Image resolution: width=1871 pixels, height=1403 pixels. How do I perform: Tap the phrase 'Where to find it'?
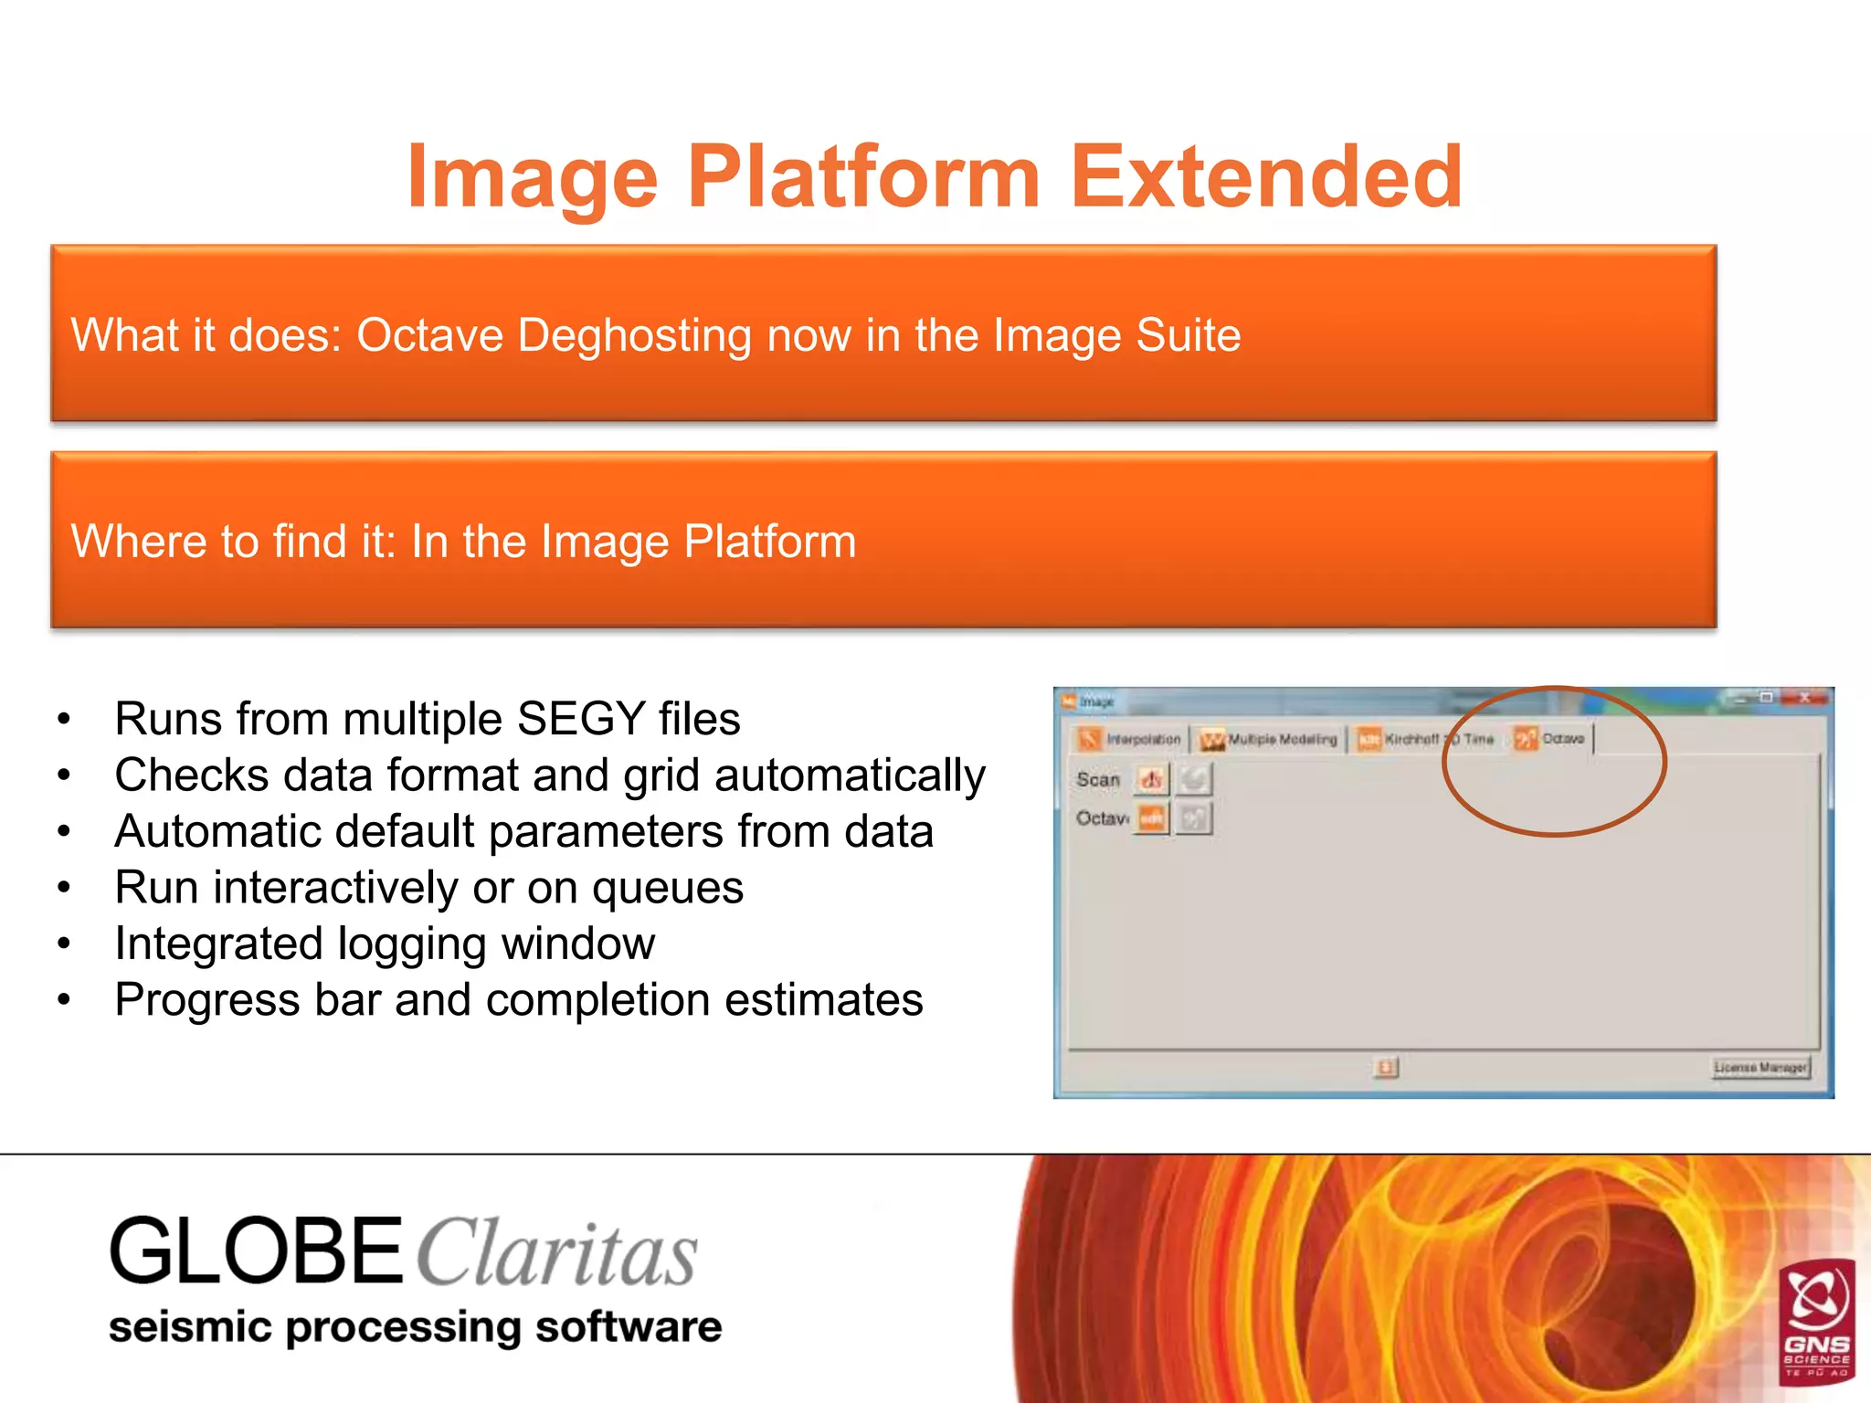click(x=233, y=541)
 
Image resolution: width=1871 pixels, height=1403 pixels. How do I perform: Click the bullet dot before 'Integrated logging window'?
click(x=63, y=944)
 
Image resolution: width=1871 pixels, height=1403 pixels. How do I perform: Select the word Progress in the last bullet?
click(x=207, y=1000)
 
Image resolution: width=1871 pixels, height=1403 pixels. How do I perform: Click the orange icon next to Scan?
click(x=1151, y=780)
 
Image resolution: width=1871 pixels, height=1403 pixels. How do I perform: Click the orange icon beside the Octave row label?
click(x=1152, y=818)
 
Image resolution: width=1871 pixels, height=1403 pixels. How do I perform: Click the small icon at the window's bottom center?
click(x=1386, y=1067)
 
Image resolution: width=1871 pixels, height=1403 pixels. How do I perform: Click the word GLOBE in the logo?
click(x=256, y=1251)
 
